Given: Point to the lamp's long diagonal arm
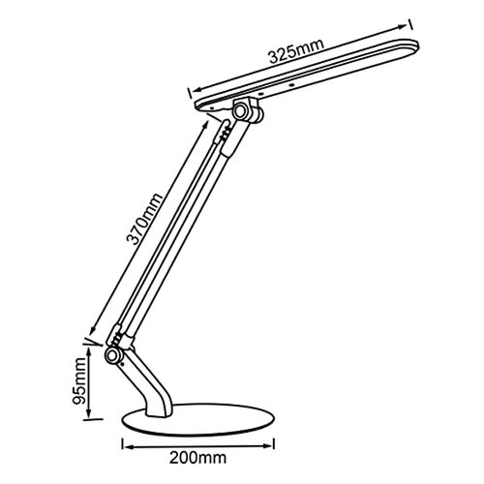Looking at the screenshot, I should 174,232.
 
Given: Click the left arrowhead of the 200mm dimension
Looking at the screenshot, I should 126,446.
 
